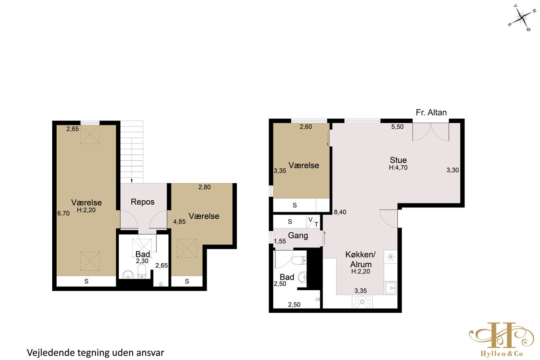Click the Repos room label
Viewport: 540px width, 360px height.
pos(143,202)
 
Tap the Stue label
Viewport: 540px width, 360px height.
pos(398,160)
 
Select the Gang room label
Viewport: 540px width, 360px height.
pos(298,235)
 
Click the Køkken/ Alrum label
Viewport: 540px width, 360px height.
pos(360,259)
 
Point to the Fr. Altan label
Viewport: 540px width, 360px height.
pos(431,112)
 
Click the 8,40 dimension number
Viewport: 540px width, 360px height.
pos(340,212)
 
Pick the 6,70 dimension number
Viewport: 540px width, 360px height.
pos(63,213)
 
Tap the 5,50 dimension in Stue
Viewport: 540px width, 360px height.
pos(397,126)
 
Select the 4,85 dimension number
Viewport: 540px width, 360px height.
pos(180,221)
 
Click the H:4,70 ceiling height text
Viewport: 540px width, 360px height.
pos(398,167)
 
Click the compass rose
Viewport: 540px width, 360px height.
pos(522,18)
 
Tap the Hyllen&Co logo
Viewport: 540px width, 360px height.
pos(502,339)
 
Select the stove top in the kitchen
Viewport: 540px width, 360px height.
pos(362,301)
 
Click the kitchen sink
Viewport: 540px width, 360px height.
pos(391,288)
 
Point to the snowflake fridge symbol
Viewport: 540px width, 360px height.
pos(391,257)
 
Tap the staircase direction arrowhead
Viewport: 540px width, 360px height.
pos(131,181)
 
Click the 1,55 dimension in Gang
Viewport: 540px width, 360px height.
pos(280,241)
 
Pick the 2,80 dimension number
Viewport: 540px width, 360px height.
pos(204,187)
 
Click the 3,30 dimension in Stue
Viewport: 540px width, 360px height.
pos(453,170)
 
